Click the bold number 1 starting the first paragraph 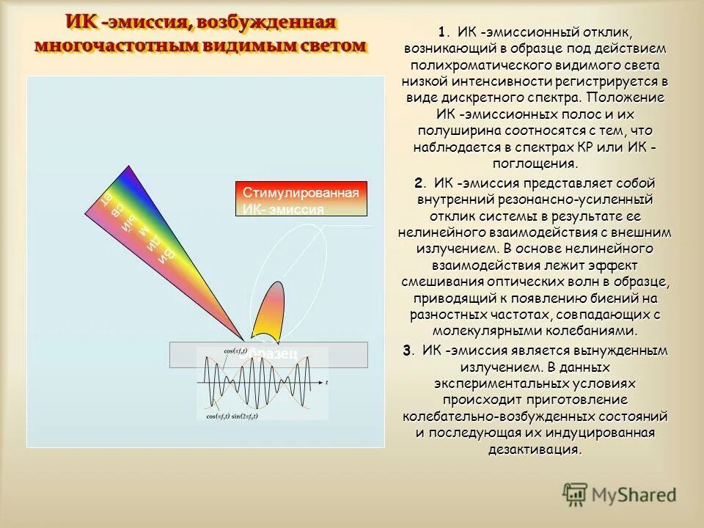click(441, 32)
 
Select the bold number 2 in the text click(418, 183)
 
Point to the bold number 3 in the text click(407, 350)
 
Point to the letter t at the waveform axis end click(326, 383)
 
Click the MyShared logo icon click(576, 495)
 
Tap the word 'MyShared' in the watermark click(635, 495)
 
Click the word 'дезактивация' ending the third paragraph click(535, 450)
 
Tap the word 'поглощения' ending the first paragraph click(535, 164)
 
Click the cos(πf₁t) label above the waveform click(236, 351)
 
